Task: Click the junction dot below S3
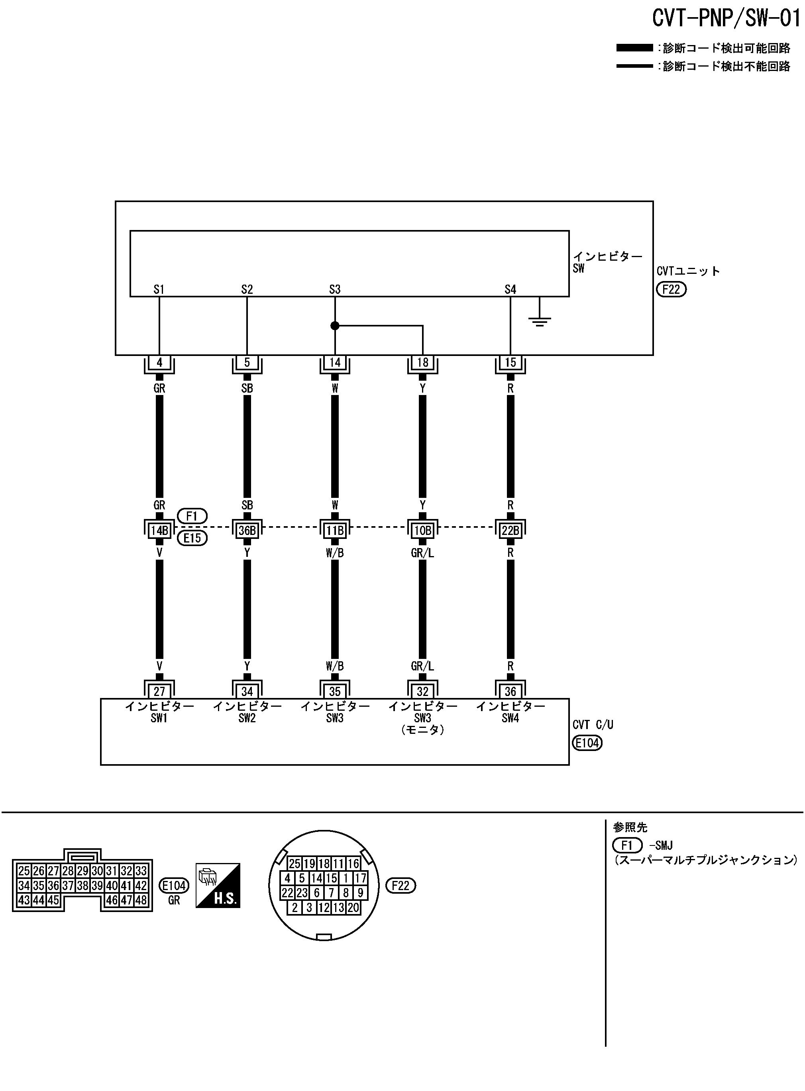[x=335, y=326]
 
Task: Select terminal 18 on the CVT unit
[x=422, y=362]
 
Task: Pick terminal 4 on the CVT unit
[x=159, y=362]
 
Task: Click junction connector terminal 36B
[x=247, y=530]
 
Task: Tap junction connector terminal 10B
[x=422, y=530]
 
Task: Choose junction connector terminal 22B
[x=510, y=530]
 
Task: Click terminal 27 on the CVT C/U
[x=159, y=691]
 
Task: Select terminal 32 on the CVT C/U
[x=422, y=691]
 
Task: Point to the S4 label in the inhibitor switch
[x=510, y=289]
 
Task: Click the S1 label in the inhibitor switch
[x=159, y=289]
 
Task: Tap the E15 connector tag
[x=192, y=538]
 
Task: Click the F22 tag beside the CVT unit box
[x=671, y=289]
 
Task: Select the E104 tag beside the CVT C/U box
[x=587, y=743]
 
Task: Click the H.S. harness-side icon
[x=218, y=885]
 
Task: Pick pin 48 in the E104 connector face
[x=141, y=900]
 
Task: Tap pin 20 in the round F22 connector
[x=353, y=907]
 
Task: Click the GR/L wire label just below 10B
[x=422, y=553]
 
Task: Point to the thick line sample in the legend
[x=634, y=48]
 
